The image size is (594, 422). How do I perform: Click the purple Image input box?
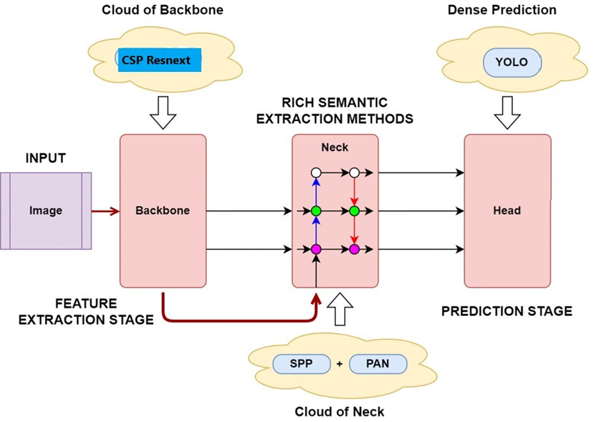click(x=46, y=210)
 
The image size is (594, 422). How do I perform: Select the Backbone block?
click(x=163, y=210)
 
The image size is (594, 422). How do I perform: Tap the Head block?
click(x=507, y=210)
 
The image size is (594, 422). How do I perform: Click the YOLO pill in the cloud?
click(x=512, y=62)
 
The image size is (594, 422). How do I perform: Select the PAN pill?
click(x=378, y=364)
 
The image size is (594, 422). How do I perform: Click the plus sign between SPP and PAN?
click(x=339, y=364)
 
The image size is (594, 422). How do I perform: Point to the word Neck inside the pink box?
click(x=335, y=148)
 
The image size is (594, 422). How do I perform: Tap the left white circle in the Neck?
click(x=316, y=172)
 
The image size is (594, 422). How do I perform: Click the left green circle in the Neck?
click(x=316, y=210)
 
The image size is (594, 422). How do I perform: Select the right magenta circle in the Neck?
click(x=354, y=249)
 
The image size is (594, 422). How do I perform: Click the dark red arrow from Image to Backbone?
click(x=105, y=210)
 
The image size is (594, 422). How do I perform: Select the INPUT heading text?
click(x=46, y=159)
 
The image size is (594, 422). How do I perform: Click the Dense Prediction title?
click(x=511, y=10)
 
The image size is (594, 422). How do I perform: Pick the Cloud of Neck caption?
click(x=339, y=412)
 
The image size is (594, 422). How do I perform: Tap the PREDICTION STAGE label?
click(x=507, y=311)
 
